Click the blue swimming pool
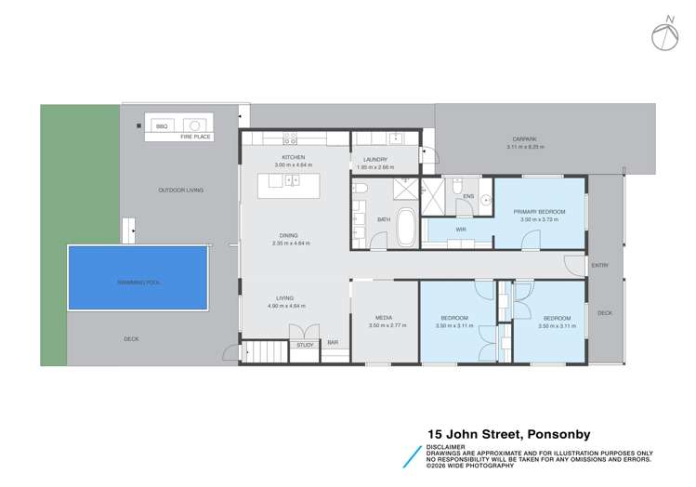coord(138,280)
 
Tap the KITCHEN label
coord(294,158)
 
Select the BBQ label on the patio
coord(161,125)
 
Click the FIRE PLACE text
coord(196,137)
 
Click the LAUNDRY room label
coord(375,160)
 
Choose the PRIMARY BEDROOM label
coord(540,212)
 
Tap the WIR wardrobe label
coord(460,228)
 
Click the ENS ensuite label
coord(468,196)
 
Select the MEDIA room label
coord(382,318)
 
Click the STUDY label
coord(305,345)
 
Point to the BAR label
coord(333,343)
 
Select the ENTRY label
coord(599,266)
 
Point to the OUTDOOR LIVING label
coord(180,190)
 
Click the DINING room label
coord(290,236)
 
